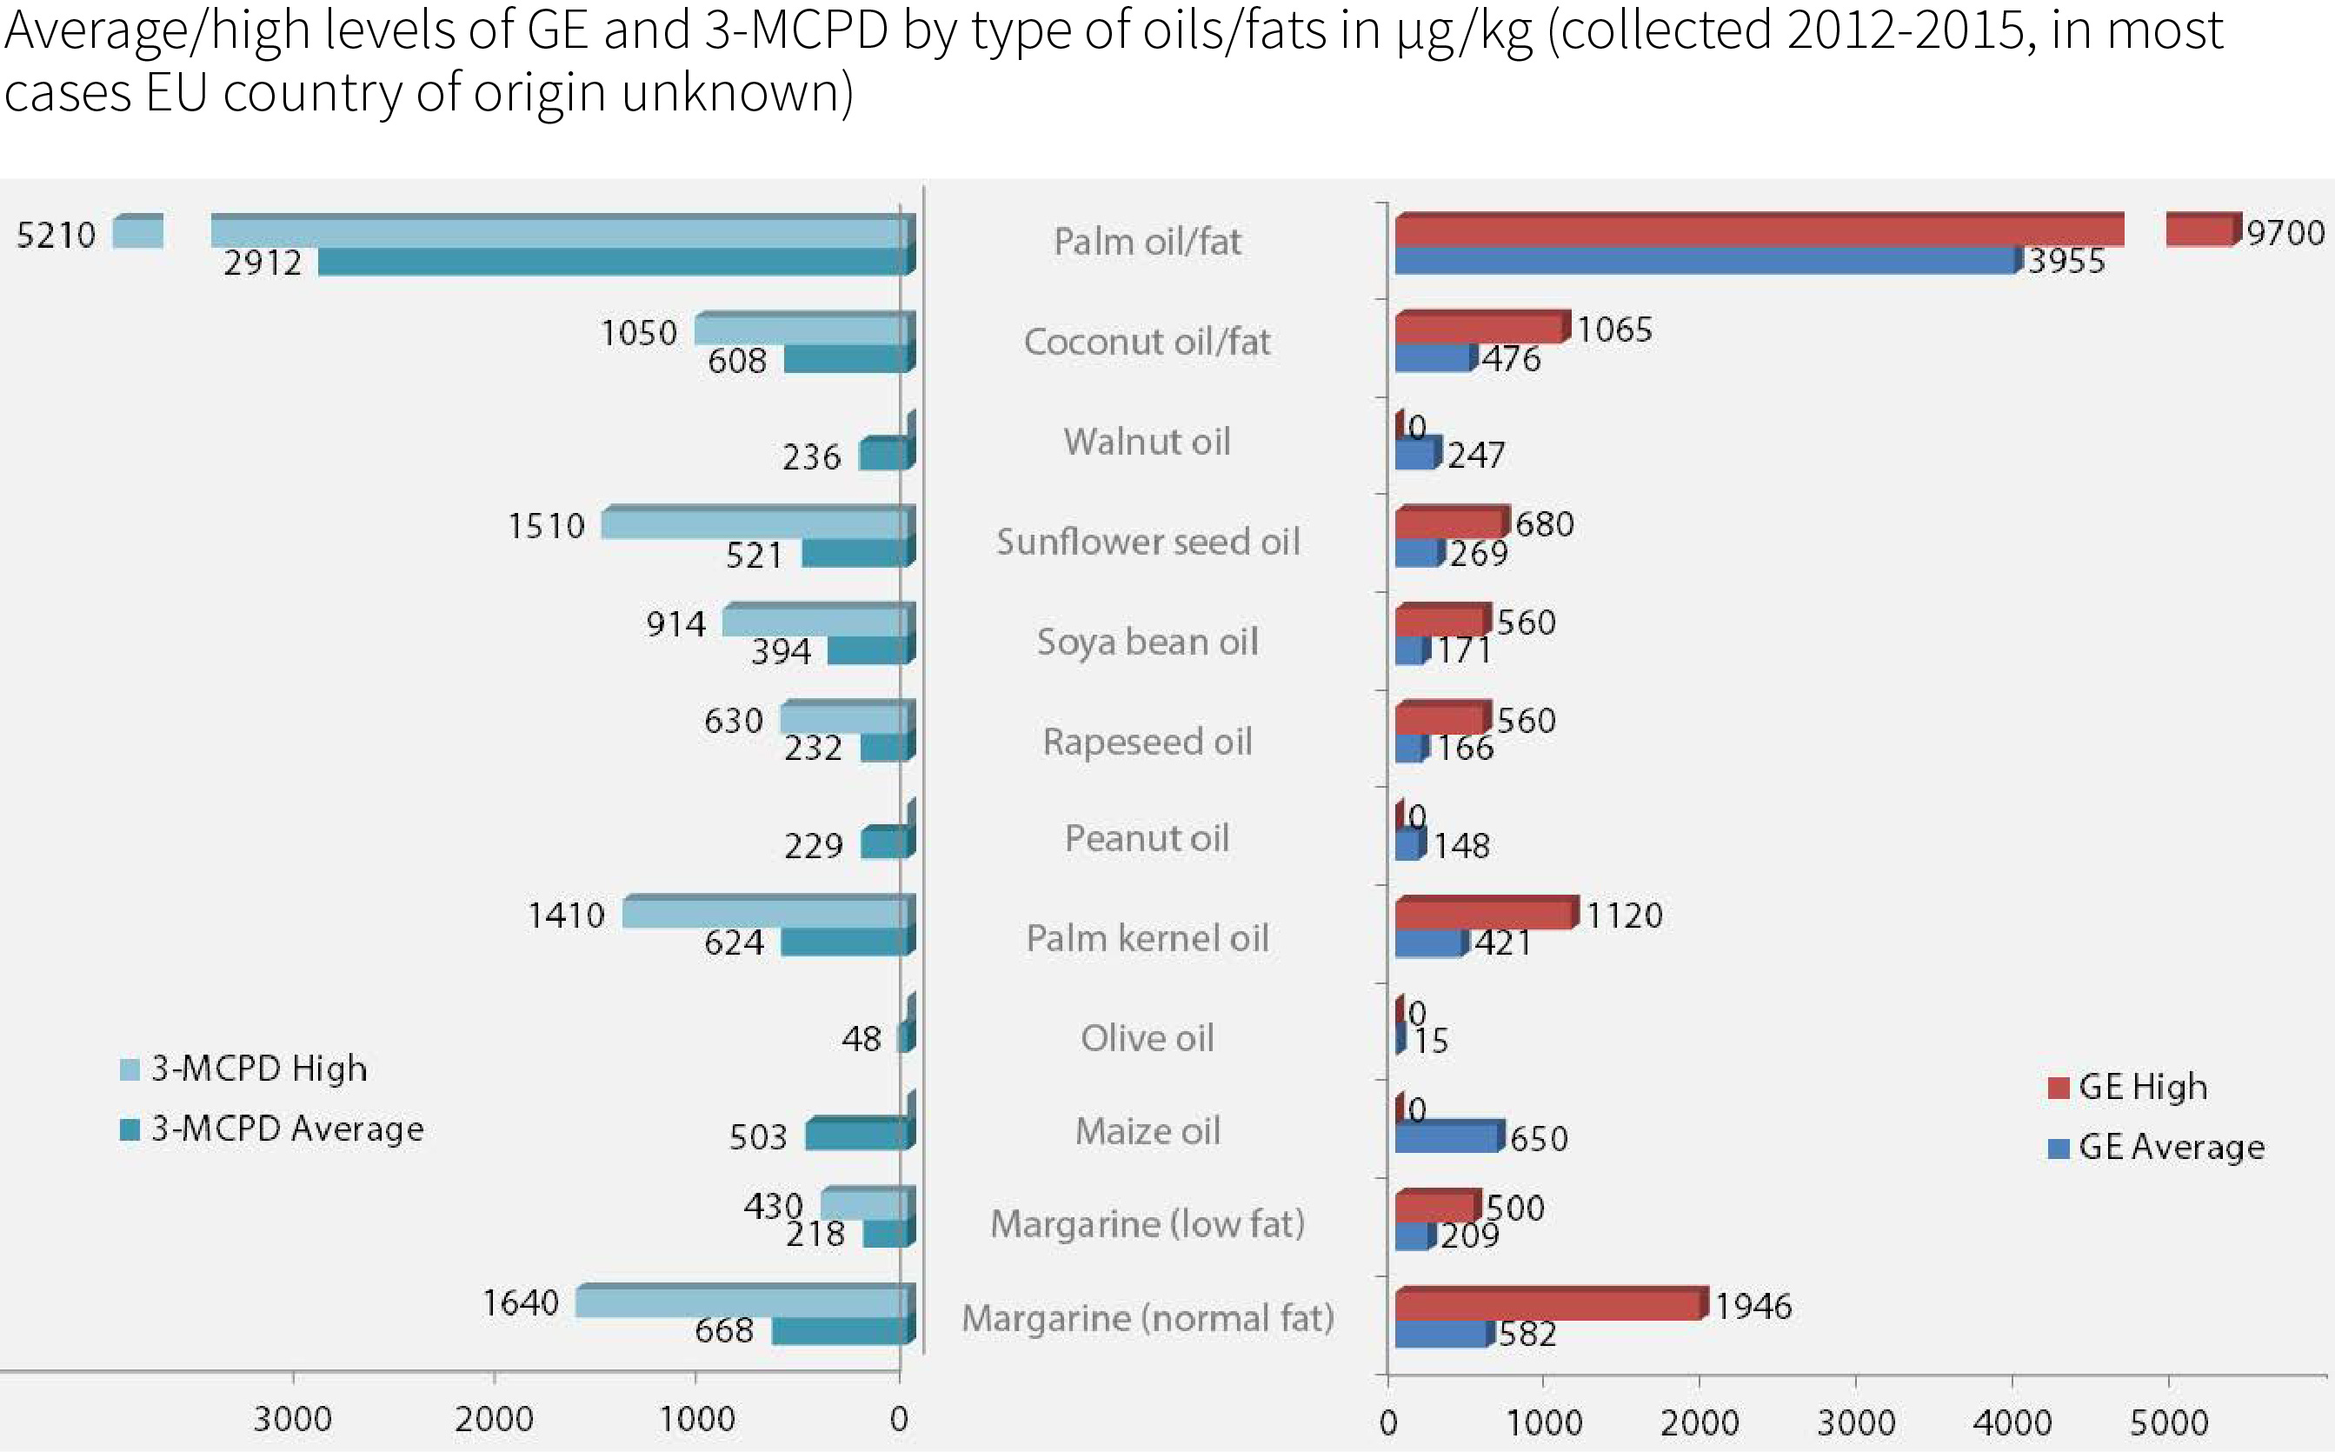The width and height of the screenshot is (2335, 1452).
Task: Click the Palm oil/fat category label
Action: pos(1147,241)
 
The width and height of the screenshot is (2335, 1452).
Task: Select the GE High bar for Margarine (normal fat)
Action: pos(1547,1305)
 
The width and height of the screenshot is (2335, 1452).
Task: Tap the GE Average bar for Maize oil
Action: pos(1446,1138)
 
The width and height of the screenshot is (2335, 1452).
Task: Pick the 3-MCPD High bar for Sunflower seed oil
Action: pos(754,524)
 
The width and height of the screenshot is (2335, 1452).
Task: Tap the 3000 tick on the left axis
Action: pos(292,1419)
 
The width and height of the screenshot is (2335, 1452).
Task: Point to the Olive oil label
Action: pos(1147,1038)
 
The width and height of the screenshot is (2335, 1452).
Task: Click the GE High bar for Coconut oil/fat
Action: pos(1480,329)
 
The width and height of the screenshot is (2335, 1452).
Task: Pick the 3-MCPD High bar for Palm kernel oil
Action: pos(764,912)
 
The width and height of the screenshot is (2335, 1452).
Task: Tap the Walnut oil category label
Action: pos(1147,442)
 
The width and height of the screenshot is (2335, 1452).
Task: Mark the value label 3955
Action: pos(2066,261)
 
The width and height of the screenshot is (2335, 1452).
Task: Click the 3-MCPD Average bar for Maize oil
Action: pos(855,1136)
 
